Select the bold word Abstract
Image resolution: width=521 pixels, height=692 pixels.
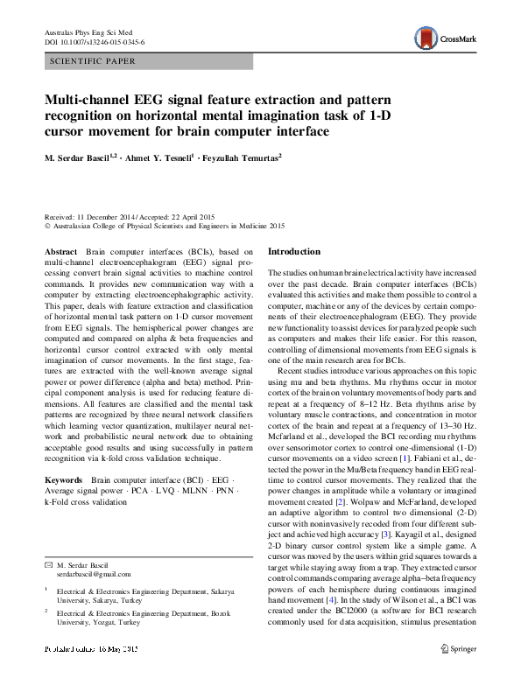click(x=60, y=251)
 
